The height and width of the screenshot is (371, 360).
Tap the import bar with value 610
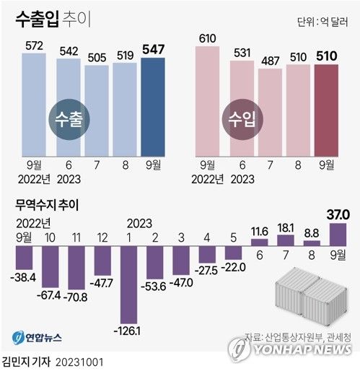209,101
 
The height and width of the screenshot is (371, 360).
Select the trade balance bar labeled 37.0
338,234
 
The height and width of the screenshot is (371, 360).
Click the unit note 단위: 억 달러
322,22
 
